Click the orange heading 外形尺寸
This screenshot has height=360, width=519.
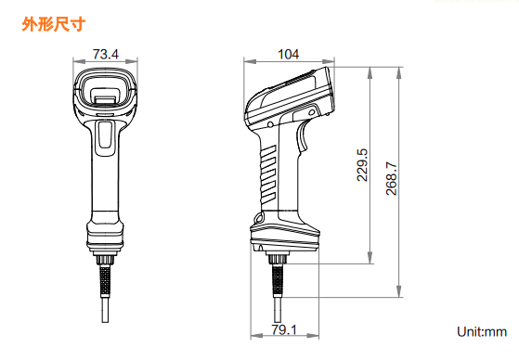tap(54, 24)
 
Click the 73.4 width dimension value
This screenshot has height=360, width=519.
tap(105, 54)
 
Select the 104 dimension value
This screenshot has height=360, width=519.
tap(289, 54)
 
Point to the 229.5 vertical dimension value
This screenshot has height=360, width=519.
tap(362, 165)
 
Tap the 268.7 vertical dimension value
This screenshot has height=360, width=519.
tap(391, 178)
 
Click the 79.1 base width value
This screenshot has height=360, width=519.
tap(284, 329)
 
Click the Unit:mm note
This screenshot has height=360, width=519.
tap(482, 331)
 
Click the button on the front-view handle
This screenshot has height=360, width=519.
tap(105, 135)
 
